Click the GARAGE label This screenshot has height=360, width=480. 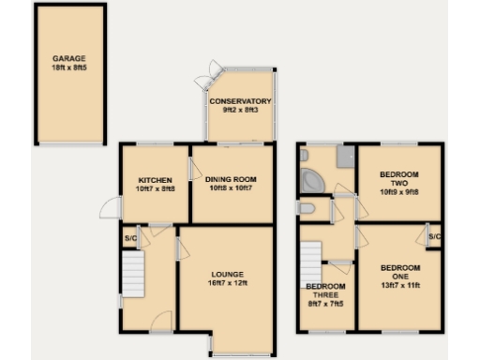click(68, 58)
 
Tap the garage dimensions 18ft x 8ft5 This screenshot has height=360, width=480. click(68, 67)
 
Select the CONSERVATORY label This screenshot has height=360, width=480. click(240, 101)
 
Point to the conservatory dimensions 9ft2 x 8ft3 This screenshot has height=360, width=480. click(240, 110)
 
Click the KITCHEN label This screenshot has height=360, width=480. click(154, 179)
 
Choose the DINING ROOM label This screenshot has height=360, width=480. click(232, 179)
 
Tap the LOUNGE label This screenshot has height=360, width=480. click(227, 273)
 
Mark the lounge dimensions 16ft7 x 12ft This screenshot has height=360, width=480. click(227, 282)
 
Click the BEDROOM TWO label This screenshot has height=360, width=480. click(400, 179)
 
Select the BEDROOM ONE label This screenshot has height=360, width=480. click(400, 272)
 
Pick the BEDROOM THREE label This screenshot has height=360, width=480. click(325, 294)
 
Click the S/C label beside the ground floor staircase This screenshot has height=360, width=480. click(128, 238)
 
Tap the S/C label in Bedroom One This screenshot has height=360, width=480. click(434, 237)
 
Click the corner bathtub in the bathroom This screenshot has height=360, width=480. click(311, 178)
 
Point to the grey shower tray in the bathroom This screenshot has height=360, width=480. click(343, 157)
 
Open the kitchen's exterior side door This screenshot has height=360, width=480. click(110, 211)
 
